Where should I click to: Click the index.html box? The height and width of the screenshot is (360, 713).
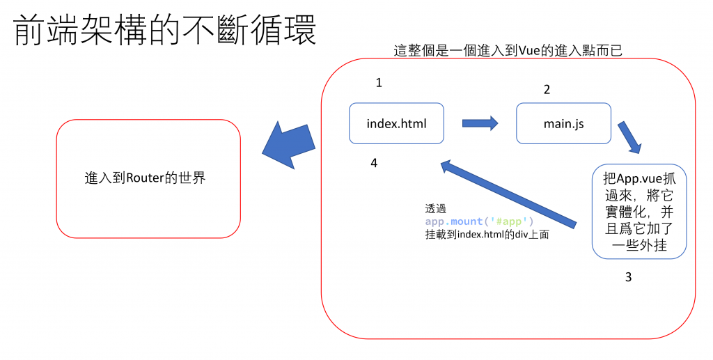pyautogui.click(x=396, y=124)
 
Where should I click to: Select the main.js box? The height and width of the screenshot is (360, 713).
pyautogui.click(x=563, y=124)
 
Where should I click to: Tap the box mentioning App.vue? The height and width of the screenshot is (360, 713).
pyautogui.click(x=639, y=212)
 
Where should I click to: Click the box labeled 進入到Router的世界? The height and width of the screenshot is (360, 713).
pyautogui.click(x=148, y=178)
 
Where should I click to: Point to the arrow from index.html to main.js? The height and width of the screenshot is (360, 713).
pyautogui.click(x=480, y=123)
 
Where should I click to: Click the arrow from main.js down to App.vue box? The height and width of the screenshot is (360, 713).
pyautogui.click(x=629, y=138)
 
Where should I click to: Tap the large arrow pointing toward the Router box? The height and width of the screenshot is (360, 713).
pyautogui.click(x=289, y=145)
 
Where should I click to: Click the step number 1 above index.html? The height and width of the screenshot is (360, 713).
pyautogui.click(x=379, y=83)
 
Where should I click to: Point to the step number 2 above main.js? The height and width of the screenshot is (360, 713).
pyautogui.click(x=547, y=90)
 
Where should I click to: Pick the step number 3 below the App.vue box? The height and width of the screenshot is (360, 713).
pyautogui.click(x=628, y=277)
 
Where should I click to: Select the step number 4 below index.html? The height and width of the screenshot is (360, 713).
pyautogui.click(x=374, y=163)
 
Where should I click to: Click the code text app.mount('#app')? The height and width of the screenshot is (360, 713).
pyautogui.click(x=479, y=221)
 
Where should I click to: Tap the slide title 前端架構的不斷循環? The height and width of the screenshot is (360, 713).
pyautogui.click(x=165, y=31)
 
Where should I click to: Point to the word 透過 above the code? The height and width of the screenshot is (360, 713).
pyautogui.click(x=435, y=208)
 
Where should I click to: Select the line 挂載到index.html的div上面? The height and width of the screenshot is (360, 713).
pyautogui.click(x=487, y=235)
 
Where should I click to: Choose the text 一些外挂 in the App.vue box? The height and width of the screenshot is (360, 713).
pyautogui.click(x=638, y=245)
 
